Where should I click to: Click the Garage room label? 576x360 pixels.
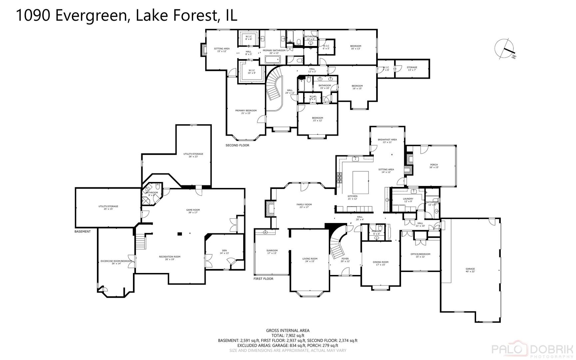coord(470,270)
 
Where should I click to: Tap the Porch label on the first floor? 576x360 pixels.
coord(434,166)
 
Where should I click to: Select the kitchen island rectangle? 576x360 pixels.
coord(360,182)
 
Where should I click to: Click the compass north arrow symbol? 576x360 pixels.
coord(504,49)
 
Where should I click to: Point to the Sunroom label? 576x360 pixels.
coord(272,252)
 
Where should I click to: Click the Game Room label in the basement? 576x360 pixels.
coord(193,211)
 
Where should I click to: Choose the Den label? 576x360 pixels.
coord(224,252)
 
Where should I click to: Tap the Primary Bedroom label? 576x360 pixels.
coord(246,112)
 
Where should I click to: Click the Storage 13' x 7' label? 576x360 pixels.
coord(412,68)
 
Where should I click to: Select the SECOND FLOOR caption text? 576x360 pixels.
coord(237,145)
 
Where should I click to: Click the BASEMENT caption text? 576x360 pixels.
coord(82,231)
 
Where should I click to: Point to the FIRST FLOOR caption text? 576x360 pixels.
coord(263,279)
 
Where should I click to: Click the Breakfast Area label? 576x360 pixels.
coord(387,141)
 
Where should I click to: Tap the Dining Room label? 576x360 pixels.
coord(380,263)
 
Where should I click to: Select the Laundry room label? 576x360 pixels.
coord(408,200)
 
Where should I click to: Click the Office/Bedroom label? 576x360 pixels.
coord(420,255)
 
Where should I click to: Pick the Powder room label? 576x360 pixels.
coord(376,232)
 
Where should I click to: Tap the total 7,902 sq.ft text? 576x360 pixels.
coord(288,336)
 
